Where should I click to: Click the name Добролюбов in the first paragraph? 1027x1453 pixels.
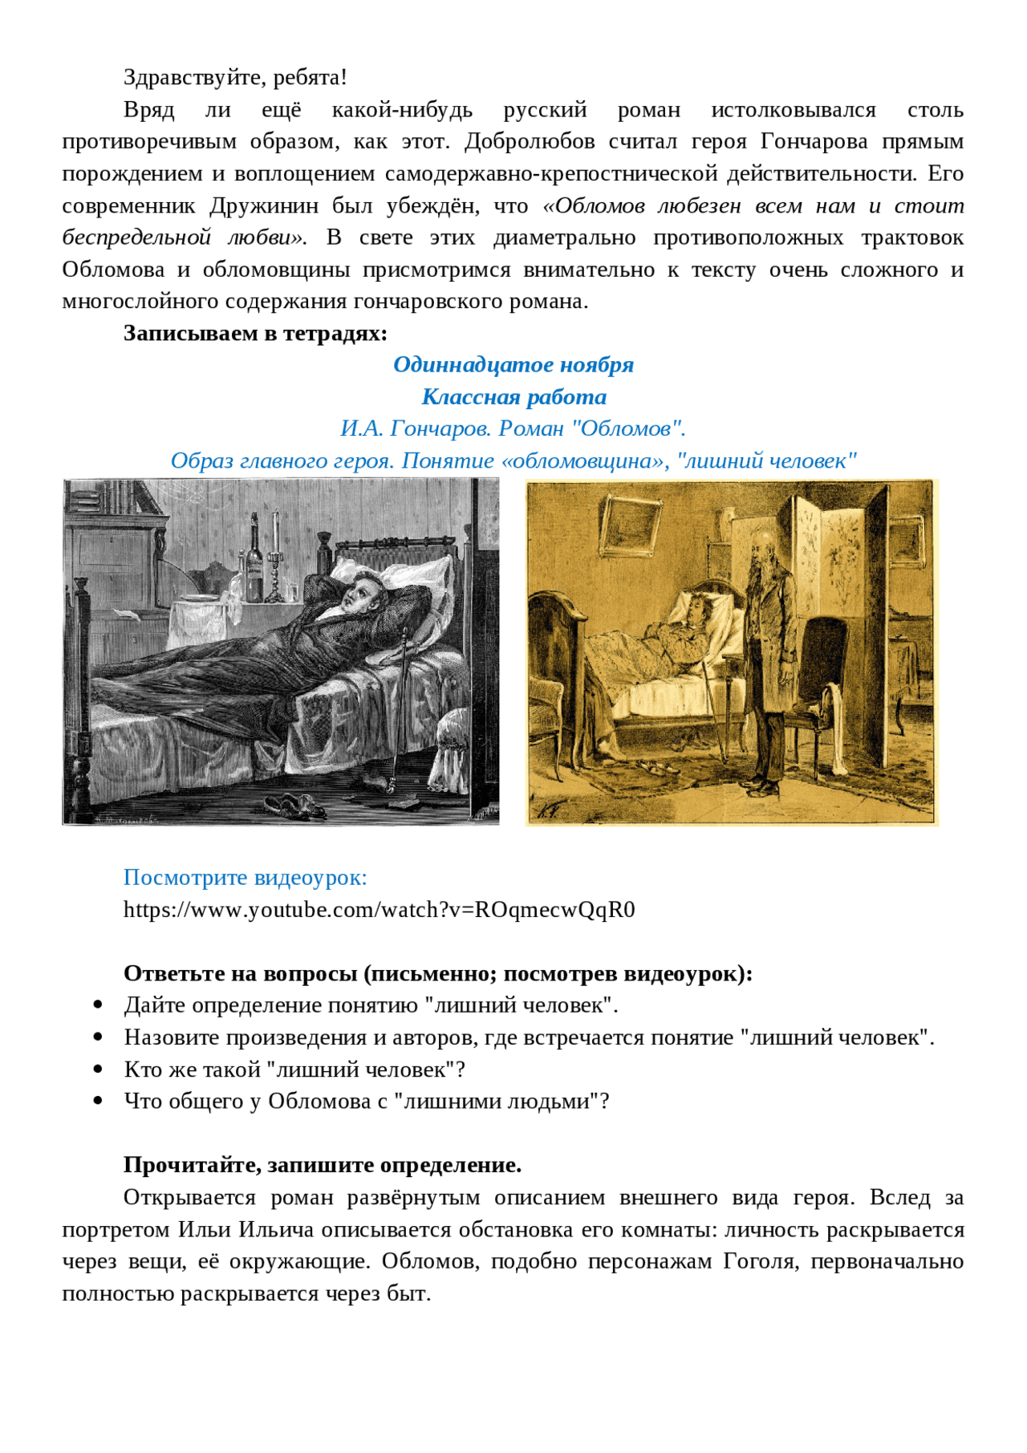click(530, 142)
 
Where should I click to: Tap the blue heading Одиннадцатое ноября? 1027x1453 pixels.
click(513, 365)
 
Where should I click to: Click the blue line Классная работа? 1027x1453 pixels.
click(513, 397)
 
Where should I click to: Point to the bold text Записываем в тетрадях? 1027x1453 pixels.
click(255, 333)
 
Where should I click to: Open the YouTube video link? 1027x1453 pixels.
click(379, 910)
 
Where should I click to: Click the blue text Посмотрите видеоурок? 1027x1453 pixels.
click(245, 878)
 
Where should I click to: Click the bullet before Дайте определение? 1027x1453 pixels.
click(98, 1005)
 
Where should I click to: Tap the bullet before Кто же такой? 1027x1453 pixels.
click(98, 1069)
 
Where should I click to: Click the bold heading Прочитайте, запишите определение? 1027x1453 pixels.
click(323, 1166)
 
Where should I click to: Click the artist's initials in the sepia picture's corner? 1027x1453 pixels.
click(550, 811)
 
